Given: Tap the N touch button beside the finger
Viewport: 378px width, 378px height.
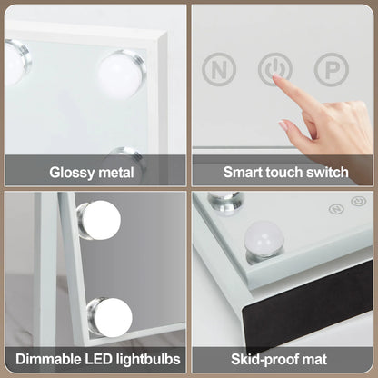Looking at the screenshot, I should (218, 68).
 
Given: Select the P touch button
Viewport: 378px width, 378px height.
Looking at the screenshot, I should (329, 68).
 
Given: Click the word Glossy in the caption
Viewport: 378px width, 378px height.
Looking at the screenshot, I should (72, 171).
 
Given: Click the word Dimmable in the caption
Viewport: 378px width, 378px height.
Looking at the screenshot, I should (47, 358).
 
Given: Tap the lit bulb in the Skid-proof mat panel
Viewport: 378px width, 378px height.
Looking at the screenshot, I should (265, 239).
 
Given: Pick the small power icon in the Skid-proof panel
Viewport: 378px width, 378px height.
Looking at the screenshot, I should (358, 202).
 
